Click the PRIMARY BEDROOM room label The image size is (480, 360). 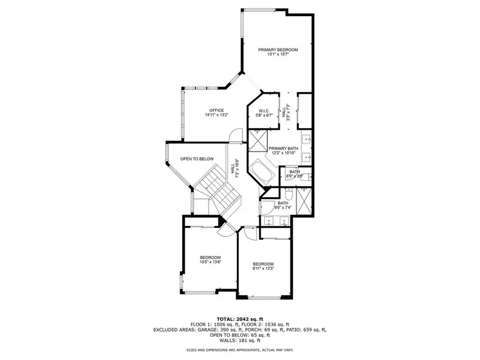pyautogui.click(x=278, y=50)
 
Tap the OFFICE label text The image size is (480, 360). pyautogui.click(x=216, y=110)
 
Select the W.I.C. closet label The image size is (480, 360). pyautogui.click(x=263, y=110)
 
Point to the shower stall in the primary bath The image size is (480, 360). pyautogui.click(x=258, y=139)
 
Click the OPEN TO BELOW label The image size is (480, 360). pyautogui.click(x=197, y=159)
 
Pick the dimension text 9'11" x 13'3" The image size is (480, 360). pyautogui.click(x=263, y=269)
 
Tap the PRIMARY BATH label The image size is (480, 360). pyautogui.click(x=283, y=149)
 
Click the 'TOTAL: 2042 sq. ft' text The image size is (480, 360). pyautogui.click(x=239, y=319)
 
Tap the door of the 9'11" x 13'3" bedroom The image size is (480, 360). pyautogui.click(x=249, y=232)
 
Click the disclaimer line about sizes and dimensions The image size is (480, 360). pyautogui.click(x=239, y=350)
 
